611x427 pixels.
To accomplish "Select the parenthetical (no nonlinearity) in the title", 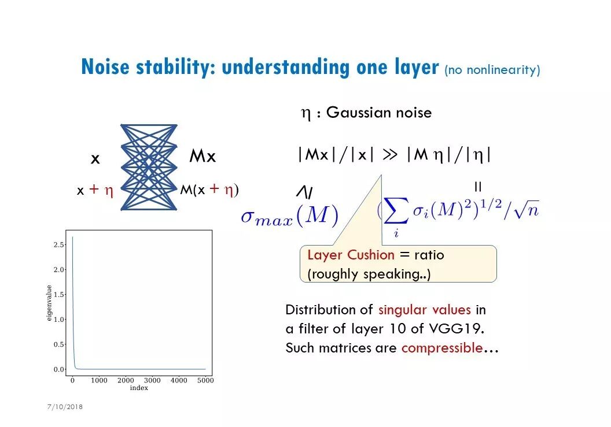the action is tap(492, 70).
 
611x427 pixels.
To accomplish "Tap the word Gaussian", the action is tap(356, 112).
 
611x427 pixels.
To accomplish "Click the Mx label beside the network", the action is tap(203, 157).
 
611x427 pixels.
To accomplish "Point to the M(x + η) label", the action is tap(209, 190).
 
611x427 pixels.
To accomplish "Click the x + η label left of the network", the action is tap(95, 190).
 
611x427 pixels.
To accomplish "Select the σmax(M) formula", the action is tap(289, 216).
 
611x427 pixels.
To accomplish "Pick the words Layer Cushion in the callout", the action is tap(351, 255).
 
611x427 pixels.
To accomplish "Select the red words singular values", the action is tap(424, 310).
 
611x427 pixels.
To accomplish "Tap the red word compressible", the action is tap(442, 348).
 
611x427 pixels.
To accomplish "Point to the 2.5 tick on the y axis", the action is tap(58, 245).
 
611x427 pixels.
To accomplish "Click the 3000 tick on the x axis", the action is tap(152, 381).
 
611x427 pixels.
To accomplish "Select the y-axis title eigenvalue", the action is tap(49, 302).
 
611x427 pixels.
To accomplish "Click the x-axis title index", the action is tap(139, 388).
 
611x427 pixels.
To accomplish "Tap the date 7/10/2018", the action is tap(65, 407).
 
